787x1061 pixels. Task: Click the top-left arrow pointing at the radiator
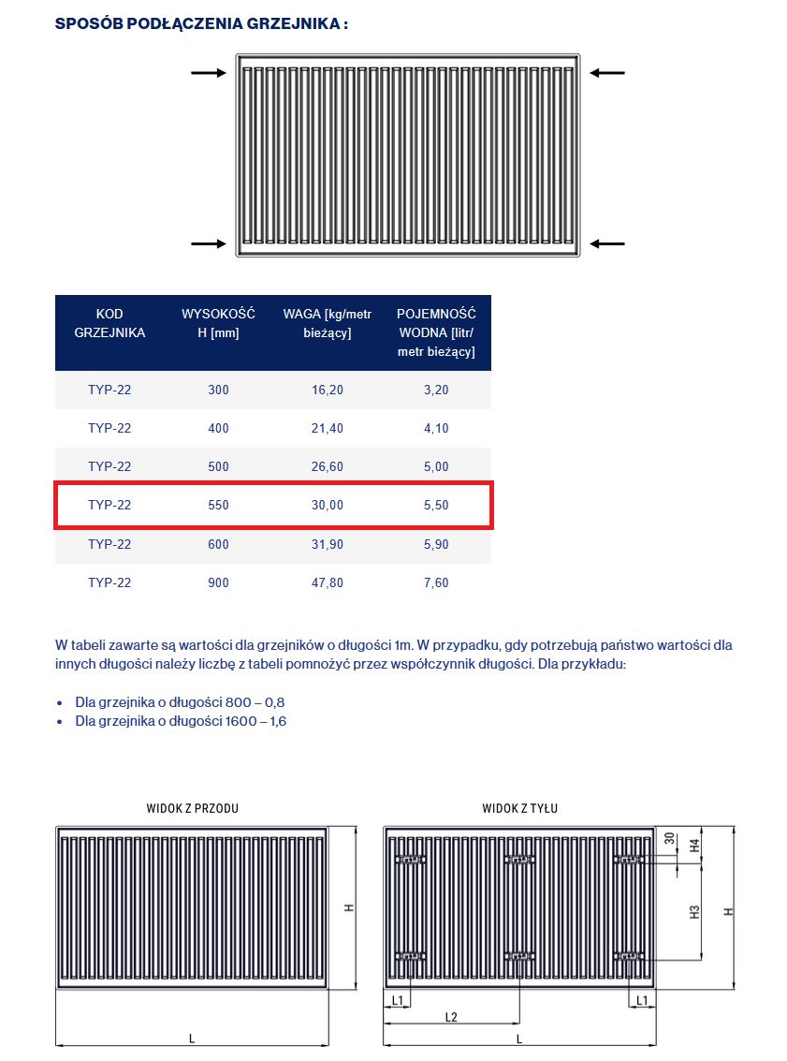point(208,73)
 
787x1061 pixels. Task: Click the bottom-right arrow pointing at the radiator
point(607,243)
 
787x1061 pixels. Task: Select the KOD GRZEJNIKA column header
point(109,323)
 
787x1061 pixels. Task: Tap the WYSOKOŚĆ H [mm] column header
point(218,323)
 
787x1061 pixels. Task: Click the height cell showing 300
point(218,390)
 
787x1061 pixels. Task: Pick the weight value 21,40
point(328,428)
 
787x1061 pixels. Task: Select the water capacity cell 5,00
point(436,466)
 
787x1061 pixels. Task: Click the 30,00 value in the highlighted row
point(328,505)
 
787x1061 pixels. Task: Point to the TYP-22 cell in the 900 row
point(109,582)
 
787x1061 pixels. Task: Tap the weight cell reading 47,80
point(328,582)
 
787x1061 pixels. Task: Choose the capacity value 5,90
point(436,544)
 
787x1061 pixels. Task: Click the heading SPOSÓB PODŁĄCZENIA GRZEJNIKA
point(201,23)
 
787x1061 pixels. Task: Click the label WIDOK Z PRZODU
point(192,808)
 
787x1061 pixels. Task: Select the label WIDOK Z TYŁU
point(519,808)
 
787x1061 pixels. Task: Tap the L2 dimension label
point(451,1017)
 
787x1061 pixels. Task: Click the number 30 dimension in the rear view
point(668,839)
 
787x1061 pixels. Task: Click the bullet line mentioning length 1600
point(181,721)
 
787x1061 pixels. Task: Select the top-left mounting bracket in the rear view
point(411,859)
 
